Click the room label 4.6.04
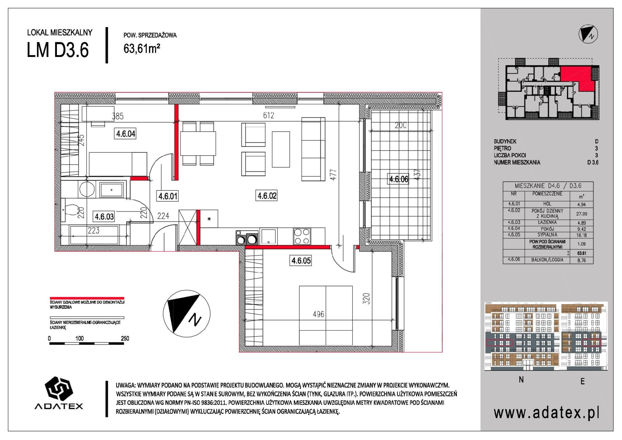(x=126, y=134)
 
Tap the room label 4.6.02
(x=267, y=196)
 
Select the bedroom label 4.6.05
(x=301, y=260)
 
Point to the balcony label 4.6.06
(x=399, y=179)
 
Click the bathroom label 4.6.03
(x=104, y=216)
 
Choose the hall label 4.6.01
(x=168, y=196)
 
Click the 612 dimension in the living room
(x=268, y=116)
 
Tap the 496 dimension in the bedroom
(x=318, y=315)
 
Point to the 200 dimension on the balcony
(x=401, y=125)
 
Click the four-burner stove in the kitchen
(x=302, y=236)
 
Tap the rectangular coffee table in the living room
(x=281, y=149)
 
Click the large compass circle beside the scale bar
(x=186, y=313)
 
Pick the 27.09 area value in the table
(x=581, y=214)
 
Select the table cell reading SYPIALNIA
(x=547, y=235)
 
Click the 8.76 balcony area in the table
(x=581, y=261)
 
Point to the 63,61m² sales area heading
(x=142, y=49)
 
